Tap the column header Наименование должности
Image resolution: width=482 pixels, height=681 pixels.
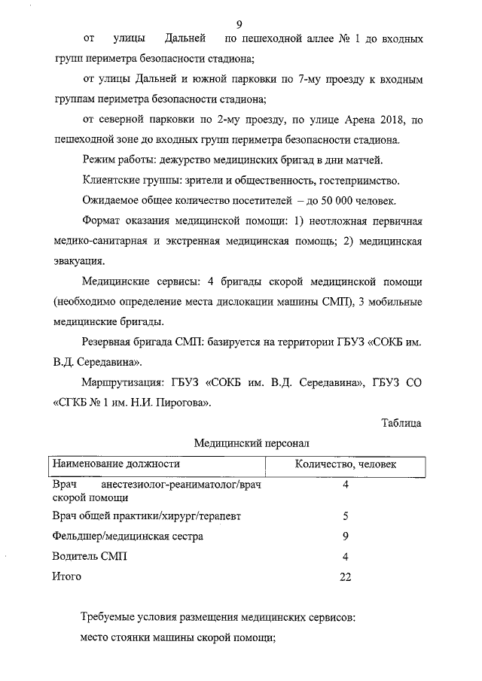[115, 465]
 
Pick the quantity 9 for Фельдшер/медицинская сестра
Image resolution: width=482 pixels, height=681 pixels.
[345, 537]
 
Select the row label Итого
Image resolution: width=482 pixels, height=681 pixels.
[66, 576]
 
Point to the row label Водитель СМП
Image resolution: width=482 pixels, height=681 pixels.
[90, 557]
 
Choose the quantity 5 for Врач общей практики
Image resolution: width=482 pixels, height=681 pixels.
[345, 517]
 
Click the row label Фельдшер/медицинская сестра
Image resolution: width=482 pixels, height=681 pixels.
[127, 537]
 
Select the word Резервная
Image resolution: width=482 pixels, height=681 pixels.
[109, 343]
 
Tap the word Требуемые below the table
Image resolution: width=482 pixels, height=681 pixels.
[112, 618]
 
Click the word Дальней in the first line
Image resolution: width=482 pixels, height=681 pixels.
[185, 38]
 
